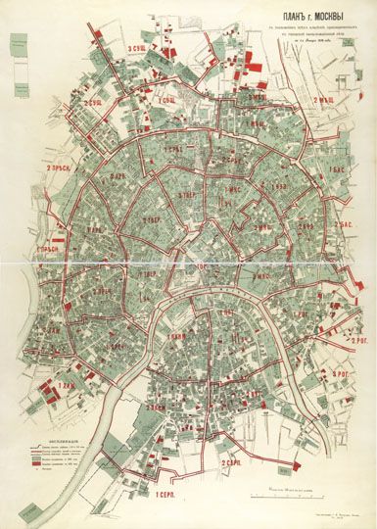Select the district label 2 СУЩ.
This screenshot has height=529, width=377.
click(x=94, y=102)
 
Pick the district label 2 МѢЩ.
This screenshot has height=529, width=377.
click(x=326, y=99)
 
